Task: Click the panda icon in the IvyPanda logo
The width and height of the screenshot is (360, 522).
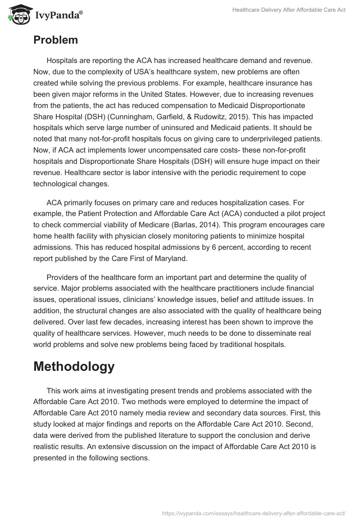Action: tap(18, 14)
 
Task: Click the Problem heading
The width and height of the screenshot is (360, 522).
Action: tap(55, 40)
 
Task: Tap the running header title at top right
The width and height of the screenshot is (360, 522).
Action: tap(288, 10)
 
